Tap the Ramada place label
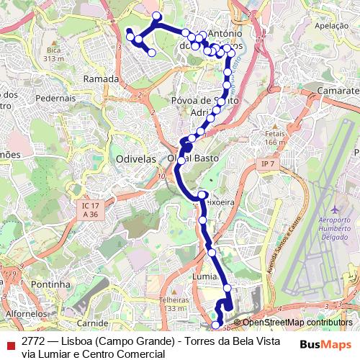click(101, 78)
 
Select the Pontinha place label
click(50, 284)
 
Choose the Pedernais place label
click(66, 96)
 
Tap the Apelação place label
click(331, 25)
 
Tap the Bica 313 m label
click(54, 54)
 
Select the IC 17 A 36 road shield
click(89, 210)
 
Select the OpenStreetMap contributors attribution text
click(297, 323)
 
